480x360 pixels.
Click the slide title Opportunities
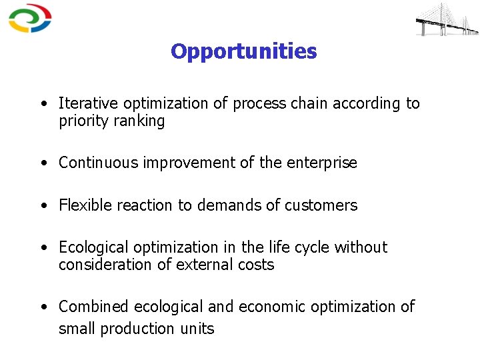(x=243, y=51)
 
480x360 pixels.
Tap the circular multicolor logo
(x=29, y=18)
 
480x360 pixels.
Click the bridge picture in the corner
(x=446, y=19)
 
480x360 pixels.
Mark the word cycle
(x=311, y=247)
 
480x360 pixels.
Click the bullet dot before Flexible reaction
(x=43, y=206)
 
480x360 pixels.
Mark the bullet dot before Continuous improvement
(x=43, y=163)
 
